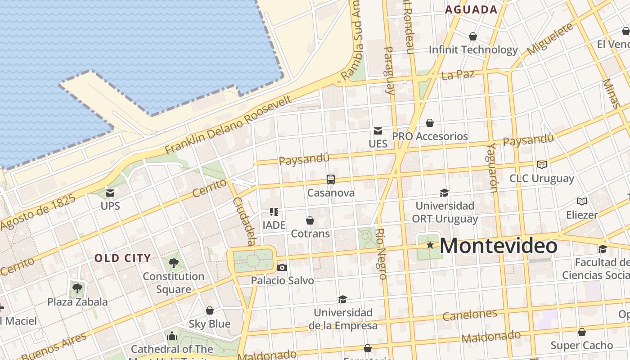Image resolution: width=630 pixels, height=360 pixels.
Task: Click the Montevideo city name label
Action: (498, 246)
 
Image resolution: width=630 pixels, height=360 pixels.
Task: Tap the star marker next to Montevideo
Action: (430, 245)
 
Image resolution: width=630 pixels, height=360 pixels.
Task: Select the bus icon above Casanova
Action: (331, 180)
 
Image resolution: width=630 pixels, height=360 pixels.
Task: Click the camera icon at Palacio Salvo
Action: (282, 267)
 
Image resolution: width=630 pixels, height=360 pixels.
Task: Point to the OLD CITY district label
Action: (122, 258)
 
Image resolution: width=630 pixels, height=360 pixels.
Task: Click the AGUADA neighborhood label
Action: (471, 10)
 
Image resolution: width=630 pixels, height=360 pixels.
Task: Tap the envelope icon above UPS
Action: (110, 193)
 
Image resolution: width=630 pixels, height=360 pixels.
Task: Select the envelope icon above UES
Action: (378, 131)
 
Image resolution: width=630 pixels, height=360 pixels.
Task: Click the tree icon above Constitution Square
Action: (173, 263)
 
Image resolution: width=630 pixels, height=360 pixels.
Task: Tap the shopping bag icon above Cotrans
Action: (310, 220)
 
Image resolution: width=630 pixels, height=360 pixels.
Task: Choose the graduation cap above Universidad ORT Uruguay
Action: (444, 193)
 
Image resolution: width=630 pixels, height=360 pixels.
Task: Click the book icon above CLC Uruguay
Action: (542, 165)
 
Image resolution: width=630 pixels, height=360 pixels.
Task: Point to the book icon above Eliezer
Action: (582, 201)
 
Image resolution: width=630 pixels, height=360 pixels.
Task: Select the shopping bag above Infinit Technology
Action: (473, 36)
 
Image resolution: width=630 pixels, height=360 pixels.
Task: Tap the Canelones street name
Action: (470, 315)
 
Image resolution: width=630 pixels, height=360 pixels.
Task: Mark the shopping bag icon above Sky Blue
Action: (210, 310)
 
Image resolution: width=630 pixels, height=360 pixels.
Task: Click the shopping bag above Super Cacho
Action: (582, 332)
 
